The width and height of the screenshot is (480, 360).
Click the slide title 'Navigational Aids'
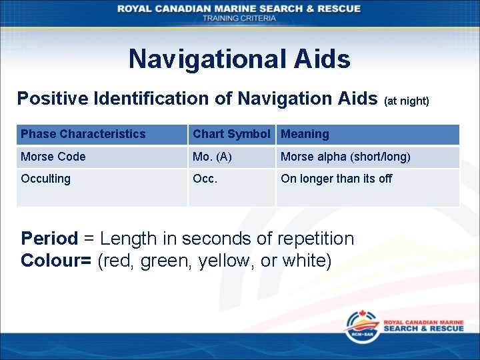click(239, 59)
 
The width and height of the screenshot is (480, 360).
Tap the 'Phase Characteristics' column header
click(83, 134)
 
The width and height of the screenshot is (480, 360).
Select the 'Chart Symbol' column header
click(231, 134)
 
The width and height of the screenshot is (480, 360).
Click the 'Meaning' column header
click(305, 134)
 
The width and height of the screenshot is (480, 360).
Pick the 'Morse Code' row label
click(53, 157)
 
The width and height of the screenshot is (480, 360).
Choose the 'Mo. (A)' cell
click(212, 157)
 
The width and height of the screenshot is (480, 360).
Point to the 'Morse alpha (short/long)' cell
click(345, 157)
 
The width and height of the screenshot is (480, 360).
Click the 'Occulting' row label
click(45, 179)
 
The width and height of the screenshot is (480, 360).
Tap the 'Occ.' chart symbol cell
click(205, 179)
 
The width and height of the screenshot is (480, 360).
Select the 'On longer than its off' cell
click(336, 179)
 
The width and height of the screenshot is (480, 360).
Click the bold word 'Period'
click(49, 239)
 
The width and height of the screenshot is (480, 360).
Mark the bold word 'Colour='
click(57, 261)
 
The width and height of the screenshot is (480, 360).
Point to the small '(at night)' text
click(407, 101)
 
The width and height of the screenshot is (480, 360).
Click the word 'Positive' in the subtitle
click(53, 99)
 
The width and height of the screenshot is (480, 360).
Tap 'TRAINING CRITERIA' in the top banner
click(239, 18)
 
